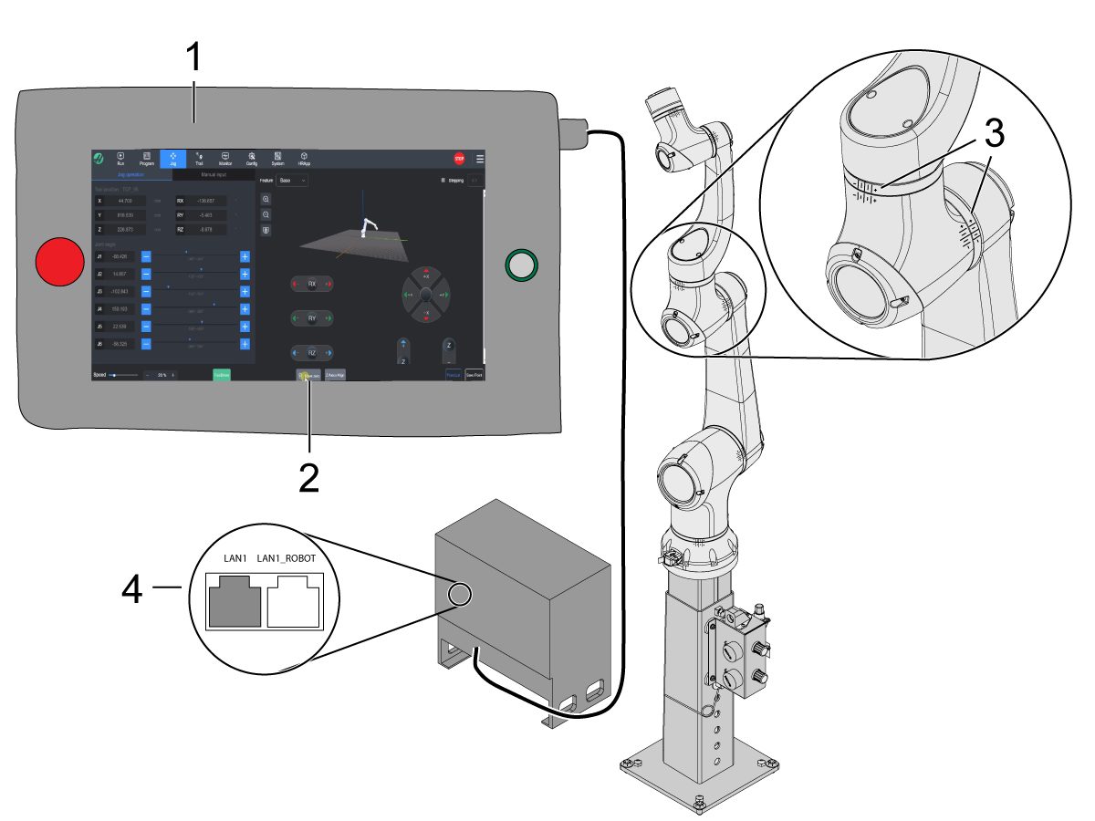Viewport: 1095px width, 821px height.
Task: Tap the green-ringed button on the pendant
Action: pyautogui.click(x=520, y=265)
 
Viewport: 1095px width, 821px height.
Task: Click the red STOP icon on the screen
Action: pyautogui.click(x=459, y=159)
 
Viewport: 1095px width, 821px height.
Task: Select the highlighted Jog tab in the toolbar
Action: pyautogui.click(x=172, y=159)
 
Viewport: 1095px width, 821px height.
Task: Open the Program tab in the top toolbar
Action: pyautogui.click(x=146, y=159)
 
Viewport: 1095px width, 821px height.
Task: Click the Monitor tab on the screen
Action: pyautogui.click(x=225, y=159)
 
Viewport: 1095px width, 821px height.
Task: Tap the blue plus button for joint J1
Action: pyautogui.click(x=245, y=256)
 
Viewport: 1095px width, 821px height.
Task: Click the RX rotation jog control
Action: pyautogui.click(x=311, y=285)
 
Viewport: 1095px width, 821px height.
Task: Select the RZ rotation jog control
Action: pyautogui.click(x=311, y=352)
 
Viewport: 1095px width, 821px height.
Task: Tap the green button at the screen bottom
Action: pyautogui.click(x=222, y=374)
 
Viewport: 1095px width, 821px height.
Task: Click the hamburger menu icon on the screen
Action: pyautogui.click(x=480, y=159)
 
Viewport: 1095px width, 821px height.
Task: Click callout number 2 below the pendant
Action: pyautogui.click(x=310, y=478)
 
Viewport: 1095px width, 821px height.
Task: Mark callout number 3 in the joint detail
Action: pyautogui.click(x=994, y=135)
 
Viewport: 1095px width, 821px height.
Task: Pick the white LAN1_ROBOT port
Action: pyautogui.click(x=293, y=604)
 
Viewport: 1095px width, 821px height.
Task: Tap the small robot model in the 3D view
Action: pyautogui.click(x=367, y=227)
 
